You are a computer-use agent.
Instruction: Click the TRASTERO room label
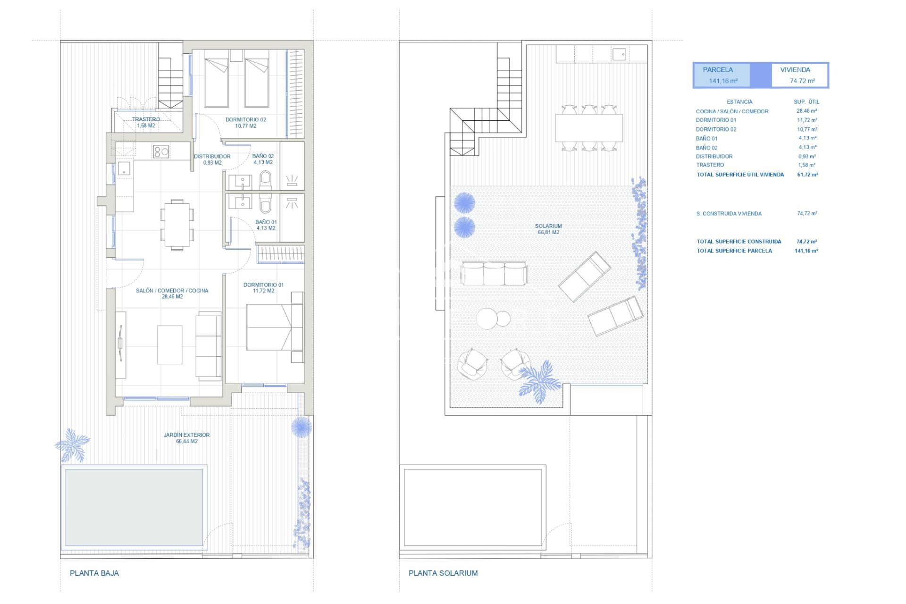(146, 120)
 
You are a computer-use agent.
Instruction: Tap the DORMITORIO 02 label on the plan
(245, 120)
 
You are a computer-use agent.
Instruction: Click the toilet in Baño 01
(266, 203)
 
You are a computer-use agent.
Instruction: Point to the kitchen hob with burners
(161, 151)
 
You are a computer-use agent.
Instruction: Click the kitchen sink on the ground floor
(124, 168)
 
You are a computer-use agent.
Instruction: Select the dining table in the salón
(177, 225)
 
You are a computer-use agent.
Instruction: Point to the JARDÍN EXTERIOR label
(186, 435)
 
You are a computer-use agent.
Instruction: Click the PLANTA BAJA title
(94, 573)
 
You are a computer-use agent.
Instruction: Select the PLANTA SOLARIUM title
(443, 573)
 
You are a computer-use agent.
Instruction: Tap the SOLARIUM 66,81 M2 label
(548, 226)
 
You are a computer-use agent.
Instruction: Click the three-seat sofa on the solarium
(494, 274)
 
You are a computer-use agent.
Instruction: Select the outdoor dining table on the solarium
(589, 128)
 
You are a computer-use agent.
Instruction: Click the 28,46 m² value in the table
(806, 111)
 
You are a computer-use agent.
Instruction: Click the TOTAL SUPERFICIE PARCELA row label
(734, 251)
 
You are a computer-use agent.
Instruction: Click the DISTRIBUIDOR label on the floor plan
(212, 156)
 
